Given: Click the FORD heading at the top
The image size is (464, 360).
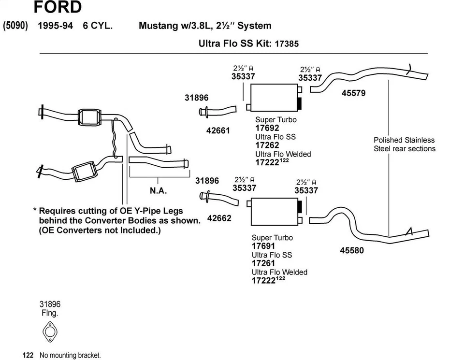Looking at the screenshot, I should (58, 7).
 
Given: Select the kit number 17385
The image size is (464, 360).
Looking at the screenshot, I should (287, 43).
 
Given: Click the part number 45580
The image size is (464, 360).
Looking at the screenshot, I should (352, 251).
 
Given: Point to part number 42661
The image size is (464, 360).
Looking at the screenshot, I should (218, 130).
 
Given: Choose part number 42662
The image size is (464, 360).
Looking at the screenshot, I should (219, 218).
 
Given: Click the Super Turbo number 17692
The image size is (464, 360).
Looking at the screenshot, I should (267, 128).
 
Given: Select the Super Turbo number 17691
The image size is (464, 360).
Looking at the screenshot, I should (263, 246).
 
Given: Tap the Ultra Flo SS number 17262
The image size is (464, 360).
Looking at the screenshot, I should (267, 145).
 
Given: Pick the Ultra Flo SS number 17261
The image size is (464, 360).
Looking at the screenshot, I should (263, 263).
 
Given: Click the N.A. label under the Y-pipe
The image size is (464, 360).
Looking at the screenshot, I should (158, 191).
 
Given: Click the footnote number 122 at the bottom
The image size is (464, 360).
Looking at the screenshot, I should (28, 355).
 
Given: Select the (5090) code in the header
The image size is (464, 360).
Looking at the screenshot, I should (16, 26).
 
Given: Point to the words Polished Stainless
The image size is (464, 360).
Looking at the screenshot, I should (404, 140).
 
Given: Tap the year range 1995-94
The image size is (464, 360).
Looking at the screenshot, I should (56, 26).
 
